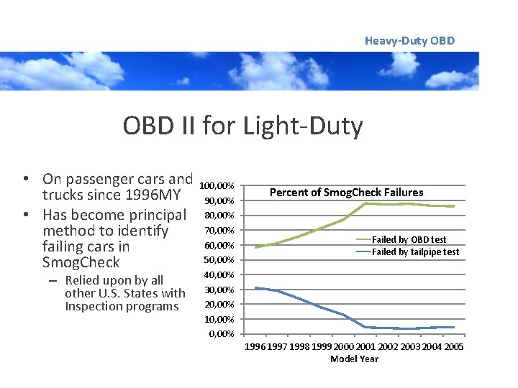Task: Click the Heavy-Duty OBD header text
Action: coord(409,41)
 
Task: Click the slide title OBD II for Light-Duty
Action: coord(242,126)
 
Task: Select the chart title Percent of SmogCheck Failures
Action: coord(346,193)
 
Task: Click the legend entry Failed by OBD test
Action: coord(409,239)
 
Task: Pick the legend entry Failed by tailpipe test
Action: coord(415,251)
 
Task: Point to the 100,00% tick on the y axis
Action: coord(217,185)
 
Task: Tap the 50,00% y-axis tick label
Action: coord(219,259)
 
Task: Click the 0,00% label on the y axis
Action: coord(222,334)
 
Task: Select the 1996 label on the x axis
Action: coord(255,348)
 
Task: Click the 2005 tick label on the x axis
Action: coord(453,348)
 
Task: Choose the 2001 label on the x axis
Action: coord(365,348)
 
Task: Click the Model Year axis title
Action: coord(354,359)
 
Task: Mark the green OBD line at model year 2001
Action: coord(365,203)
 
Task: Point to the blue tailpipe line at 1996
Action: coord(255,288)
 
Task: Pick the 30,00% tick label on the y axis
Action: coord(219,290)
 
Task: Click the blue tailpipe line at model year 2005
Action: coord(453,327)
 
